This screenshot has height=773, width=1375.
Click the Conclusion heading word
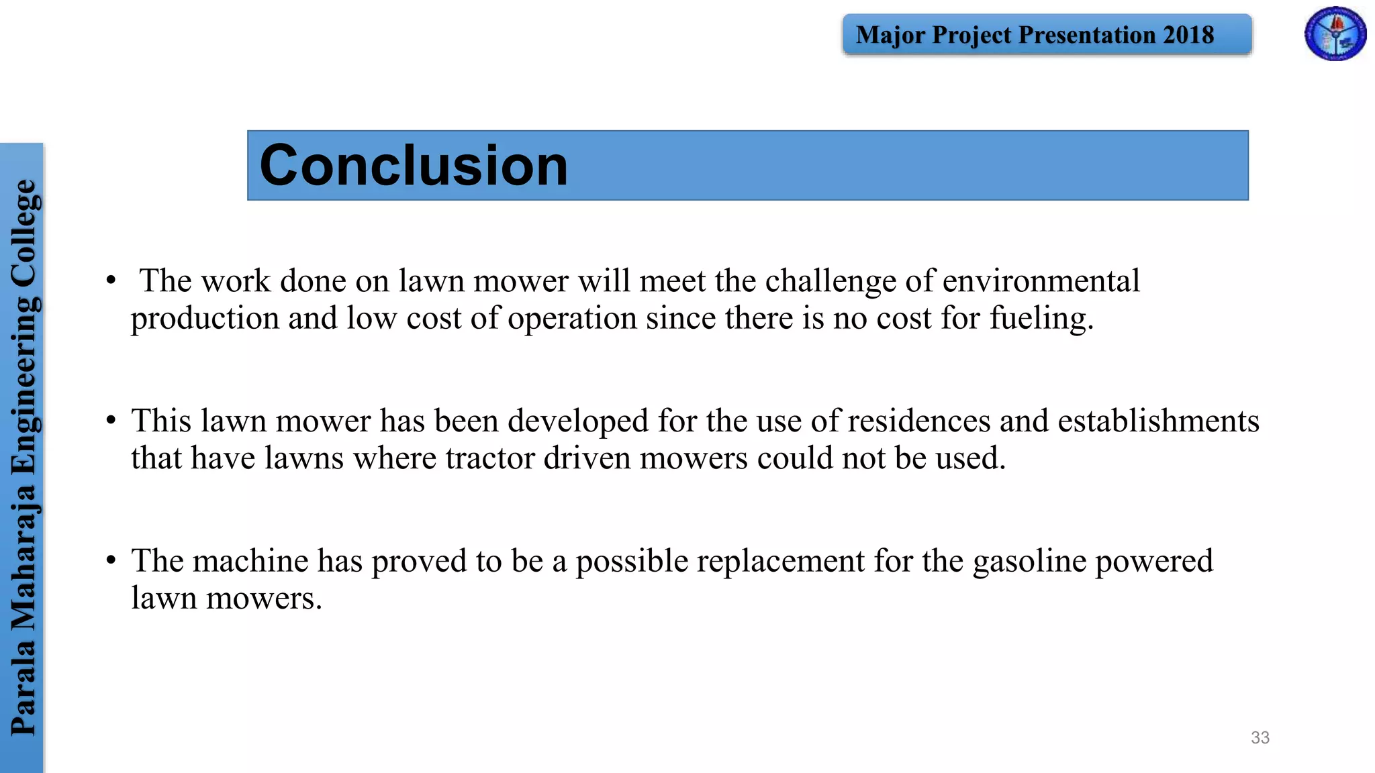pyautogui.click(x=414, y=166)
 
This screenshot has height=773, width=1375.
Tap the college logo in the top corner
pyautogui.click(x=1335, y=34)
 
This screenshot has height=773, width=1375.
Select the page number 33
pyautogui.click(x=1260, y=737)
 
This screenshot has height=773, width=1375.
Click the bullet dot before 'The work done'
pyautogui.click(x=111, y=280)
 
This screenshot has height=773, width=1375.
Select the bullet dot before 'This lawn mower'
pyautogui.click(x=111, y=421)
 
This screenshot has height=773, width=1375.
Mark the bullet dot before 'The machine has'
pyautogui.click(x=111, y=560)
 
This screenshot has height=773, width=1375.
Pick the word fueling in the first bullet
pyautogui.click(x=1041, y=318)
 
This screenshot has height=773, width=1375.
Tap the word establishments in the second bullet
pyautogui.click(x=1158, y=421)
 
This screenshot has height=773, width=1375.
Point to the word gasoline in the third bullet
pyautogui.click(x=1029, y=561)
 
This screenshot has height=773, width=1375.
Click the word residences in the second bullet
pyautogui.click(x=919, y=421)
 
